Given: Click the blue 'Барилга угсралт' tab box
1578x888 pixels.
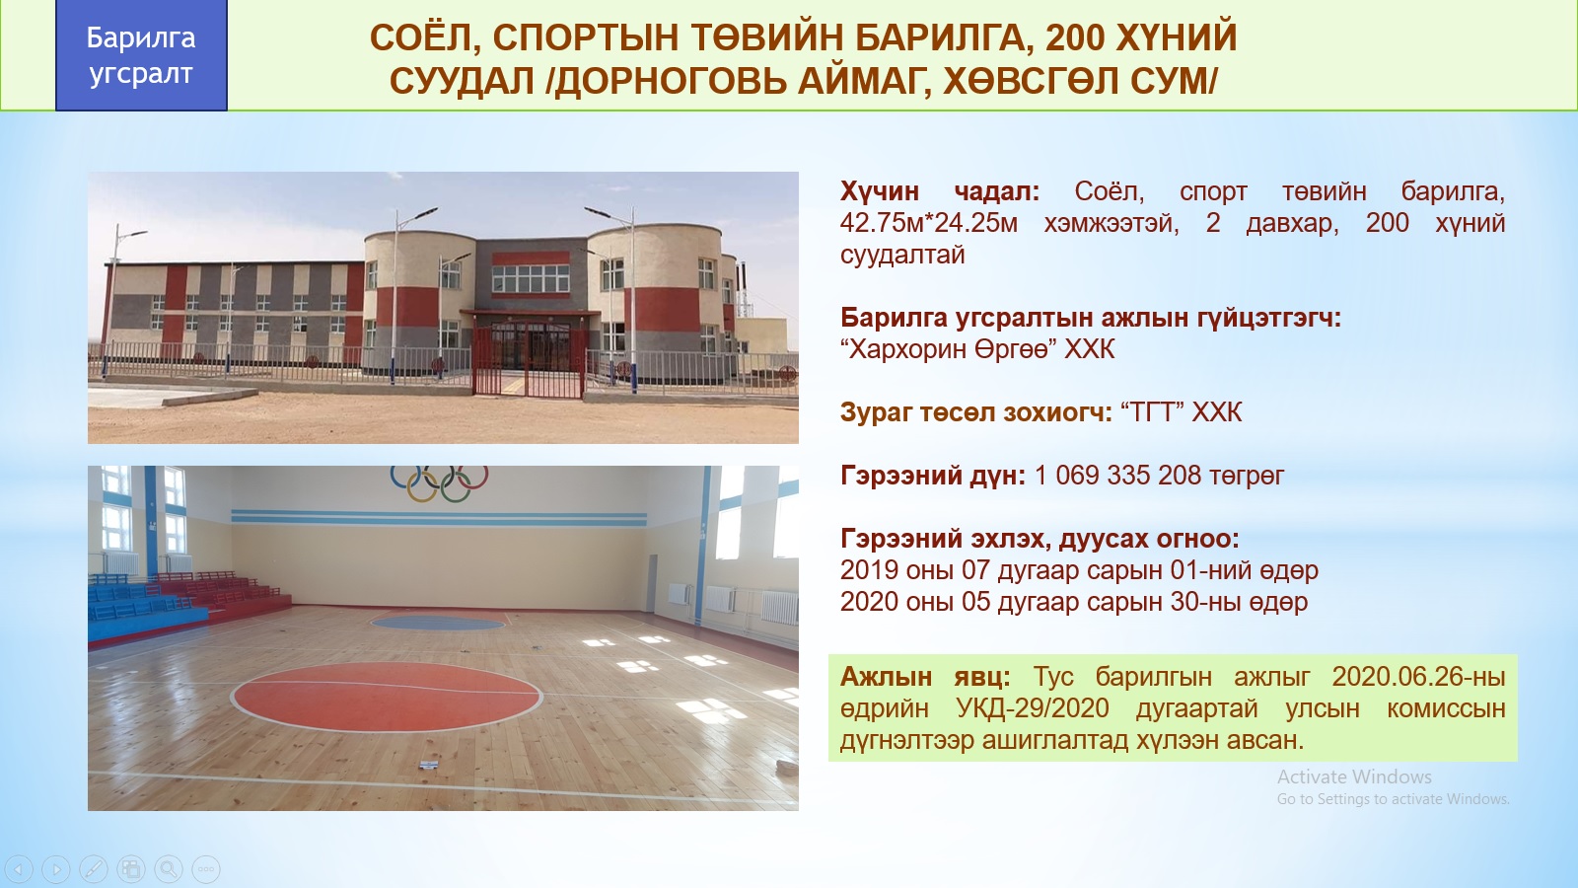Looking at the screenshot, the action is pyautogui.click(x=141, y=55).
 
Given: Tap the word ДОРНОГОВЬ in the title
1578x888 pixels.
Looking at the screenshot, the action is pyautogui.click(x=671, y=82).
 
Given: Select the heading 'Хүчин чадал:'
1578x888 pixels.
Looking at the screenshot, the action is pyautogui.click(x=939, y=191).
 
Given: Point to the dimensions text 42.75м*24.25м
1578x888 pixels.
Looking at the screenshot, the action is pyautogui.click(x=928, y=223).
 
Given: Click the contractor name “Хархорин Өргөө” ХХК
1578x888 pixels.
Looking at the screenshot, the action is pyautogui.click(x=977, y=349).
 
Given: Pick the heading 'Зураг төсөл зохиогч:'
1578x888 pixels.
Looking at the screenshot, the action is pyautogui.click(x=975, y=412).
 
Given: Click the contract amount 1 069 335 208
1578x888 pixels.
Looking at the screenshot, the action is pyautogui.click(x=1117, y=476).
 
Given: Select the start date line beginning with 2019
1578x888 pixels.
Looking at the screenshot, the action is pyautogui.click(x=1079, y=570).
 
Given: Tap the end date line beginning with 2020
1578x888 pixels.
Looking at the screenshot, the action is pyautogui.click(x=1074, y=602).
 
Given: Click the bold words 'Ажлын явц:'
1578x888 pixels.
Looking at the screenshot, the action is pyautogui.click(x=925, y=677).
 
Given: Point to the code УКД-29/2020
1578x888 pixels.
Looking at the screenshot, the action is pyautogui.click(x=1033, y=708).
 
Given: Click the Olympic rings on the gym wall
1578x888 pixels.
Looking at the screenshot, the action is pyautogui.click(x=440, y=482).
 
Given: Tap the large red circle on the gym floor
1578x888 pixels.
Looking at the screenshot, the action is pyautogui.click(x=386, y=697).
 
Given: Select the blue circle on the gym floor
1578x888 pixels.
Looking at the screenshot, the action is pyautogui.click(x=438, y=623).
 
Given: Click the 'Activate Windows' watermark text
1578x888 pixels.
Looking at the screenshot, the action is pyautogui.click(x=1354, y=777).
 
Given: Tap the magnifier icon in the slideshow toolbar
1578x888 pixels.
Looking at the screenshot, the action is pyautogui.click(x=169, y=868).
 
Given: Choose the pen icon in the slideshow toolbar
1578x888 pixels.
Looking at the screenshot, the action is pyautogui.click(x=94, y=868).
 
